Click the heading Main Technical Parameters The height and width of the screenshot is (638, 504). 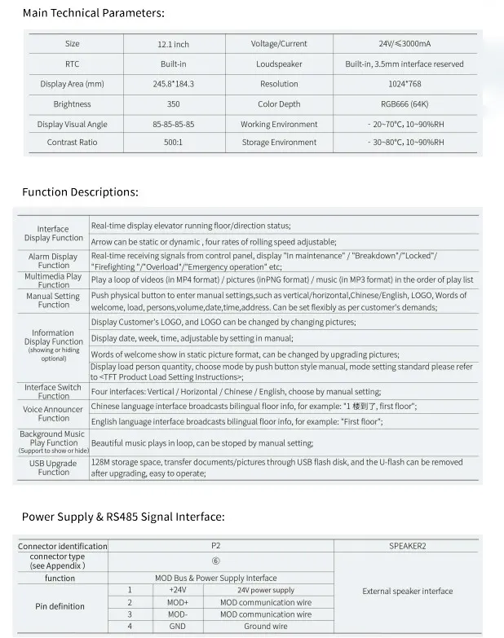click(93, 13)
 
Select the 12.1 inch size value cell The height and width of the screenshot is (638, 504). click(173, 44)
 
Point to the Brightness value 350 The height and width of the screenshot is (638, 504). click(173, 104)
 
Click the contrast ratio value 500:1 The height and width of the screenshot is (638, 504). click(173, 143)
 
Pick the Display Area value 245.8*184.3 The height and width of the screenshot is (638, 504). click(173, 84)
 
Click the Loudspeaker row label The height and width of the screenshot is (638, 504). click(279, 64)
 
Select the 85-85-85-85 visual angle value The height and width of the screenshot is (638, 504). click(173, 125)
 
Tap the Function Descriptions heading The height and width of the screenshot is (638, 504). click(80, 192)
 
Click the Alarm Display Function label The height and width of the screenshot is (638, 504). click(53, 261)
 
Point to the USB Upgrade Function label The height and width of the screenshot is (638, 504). click(53, 468)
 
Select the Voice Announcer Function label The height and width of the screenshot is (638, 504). click(53, 414)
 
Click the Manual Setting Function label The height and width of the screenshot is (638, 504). click(53, 300)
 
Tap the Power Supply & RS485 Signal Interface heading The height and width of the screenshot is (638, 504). click(123, 517)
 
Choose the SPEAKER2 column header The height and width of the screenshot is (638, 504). click(407, 546)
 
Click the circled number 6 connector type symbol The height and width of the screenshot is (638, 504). click(216, 561)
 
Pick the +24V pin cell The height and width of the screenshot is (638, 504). click(177, 590)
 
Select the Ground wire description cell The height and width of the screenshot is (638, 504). click(265, 627)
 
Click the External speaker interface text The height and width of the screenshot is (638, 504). click(407, 592)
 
